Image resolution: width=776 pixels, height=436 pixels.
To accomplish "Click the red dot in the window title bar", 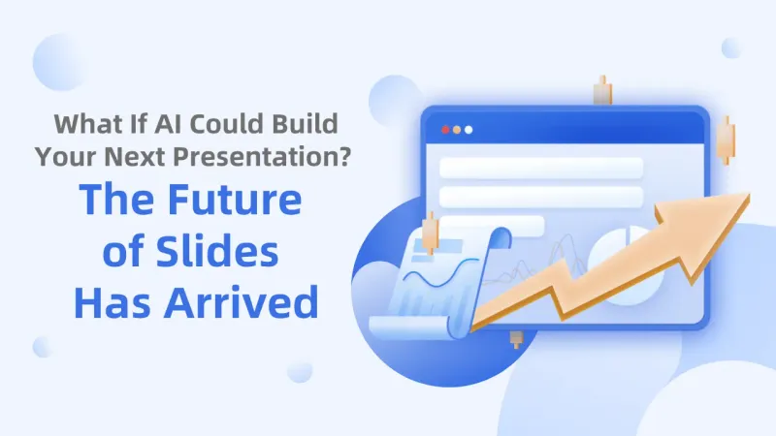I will [x=446, y=129].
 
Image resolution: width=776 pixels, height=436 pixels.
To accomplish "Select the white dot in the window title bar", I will [x=469, y=129].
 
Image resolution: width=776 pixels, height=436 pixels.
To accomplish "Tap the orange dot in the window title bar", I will [x=458, y=129].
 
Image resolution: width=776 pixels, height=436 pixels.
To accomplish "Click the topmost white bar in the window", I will [x=540, y=168].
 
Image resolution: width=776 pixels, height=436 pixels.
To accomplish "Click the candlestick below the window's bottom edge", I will [x=516, y=339].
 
